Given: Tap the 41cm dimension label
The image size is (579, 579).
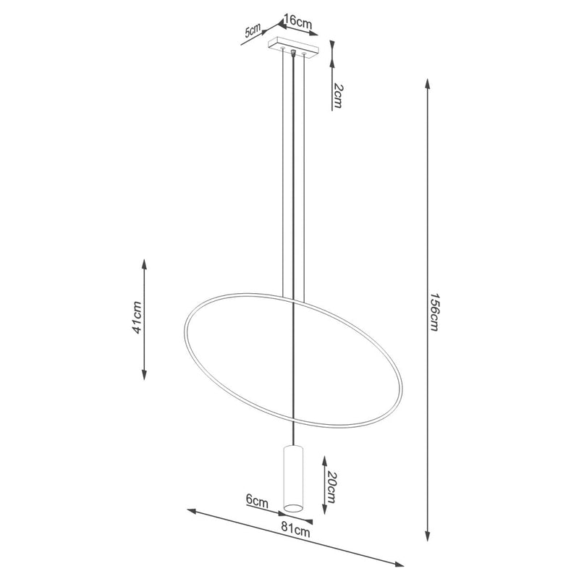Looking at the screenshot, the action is [x=137, y=318].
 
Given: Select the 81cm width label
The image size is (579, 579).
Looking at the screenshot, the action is [x=295, y=531].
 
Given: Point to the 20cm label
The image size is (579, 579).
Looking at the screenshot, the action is [x=331, y=487].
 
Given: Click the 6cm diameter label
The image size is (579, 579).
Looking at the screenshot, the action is [x=257, y=501].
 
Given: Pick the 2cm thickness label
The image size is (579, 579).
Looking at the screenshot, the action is [x=337, y=96].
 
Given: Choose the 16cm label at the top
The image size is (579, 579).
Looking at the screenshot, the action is [x=298, y=22].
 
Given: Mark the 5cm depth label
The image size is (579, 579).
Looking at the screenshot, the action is [x=253, y=30].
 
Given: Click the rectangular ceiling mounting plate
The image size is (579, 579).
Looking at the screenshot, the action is [x=293, y=48].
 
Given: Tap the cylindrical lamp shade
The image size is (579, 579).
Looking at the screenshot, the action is [x=293, y=479].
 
